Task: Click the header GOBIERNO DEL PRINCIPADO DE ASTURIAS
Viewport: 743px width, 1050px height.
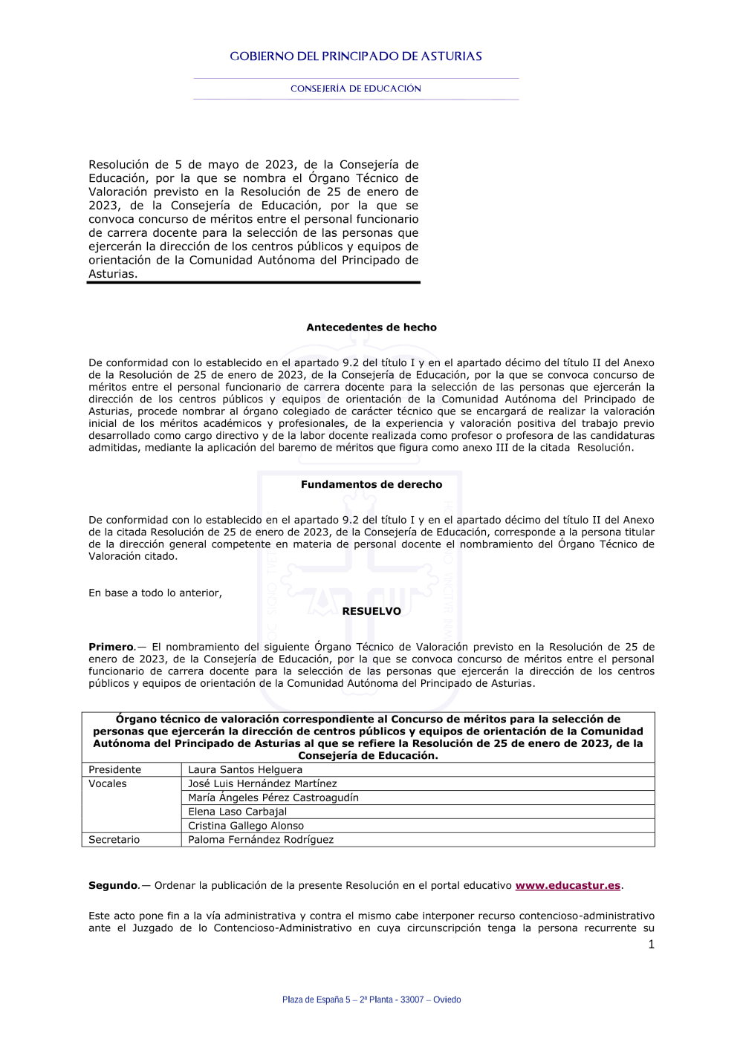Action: [x=356, y=56]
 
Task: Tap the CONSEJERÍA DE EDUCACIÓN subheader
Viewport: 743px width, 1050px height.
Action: [x=356, y=88]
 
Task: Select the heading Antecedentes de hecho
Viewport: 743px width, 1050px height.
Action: [x=371, y=327]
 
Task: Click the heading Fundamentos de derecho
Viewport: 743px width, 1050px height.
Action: [x=371, y=485]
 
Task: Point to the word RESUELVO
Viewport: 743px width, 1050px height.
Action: [x=371, y=612]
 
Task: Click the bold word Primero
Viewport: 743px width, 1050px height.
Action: [x=111, y=648]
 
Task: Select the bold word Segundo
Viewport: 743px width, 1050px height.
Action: [x=113, y=886]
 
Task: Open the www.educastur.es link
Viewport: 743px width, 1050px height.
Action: [x=568, y=886]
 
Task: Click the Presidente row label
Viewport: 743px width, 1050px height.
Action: [x=114, y=770]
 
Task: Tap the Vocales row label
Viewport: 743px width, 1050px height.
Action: [x=108, y=784]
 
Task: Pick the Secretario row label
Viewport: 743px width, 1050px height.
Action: [x=114, y=840]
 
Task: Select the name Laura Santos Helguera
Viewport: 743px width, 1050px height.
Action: [x=245, y=770]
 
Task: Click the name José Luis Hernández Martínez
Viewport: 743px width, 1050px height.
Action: [x=262, y=784]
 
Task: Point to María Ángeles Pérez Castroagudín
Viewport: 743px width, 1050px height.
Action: [x=273, y=798]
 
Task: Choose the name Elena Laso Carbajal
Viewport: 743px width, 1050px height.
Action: [x=237, y=812]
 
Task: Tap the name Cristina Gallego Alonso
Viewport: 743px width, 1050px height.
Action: [x=246, y=826]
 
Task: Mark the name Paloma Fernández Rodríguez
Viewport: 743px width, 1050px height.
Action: [x=261, y=840]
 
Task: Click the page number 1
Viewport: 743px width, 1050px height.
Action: [x=652, y=945]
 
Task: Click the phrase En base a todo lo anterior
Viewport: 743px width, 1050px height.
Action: [x=155, y=593]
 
